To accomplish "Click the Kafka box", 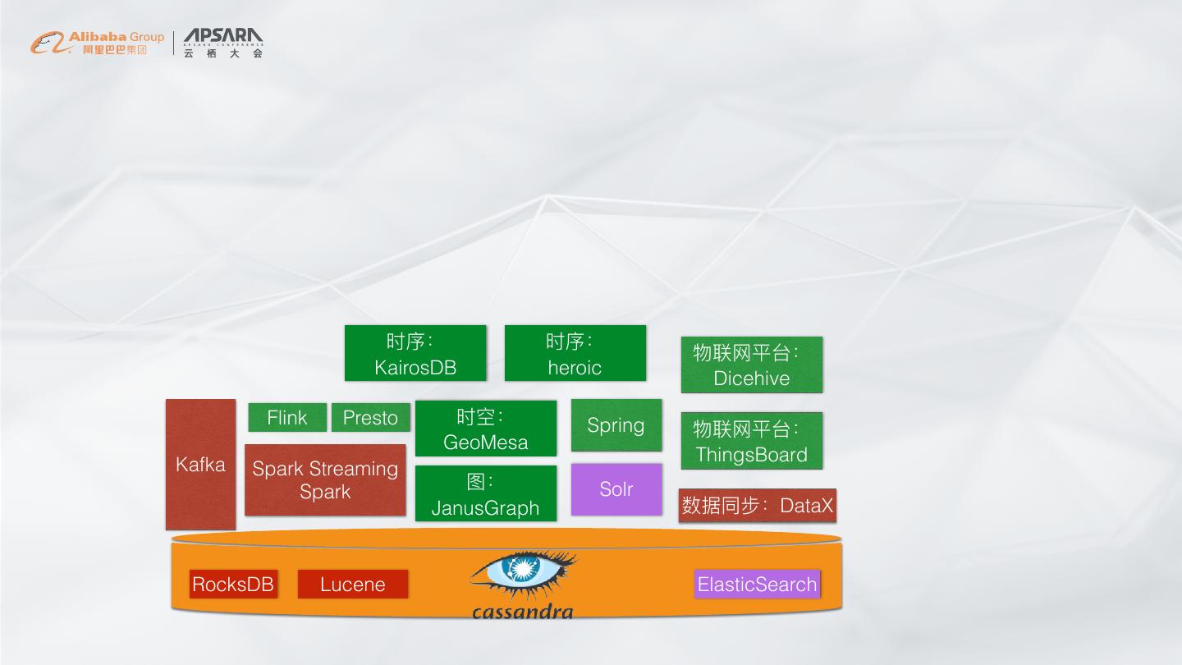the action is point(200,465).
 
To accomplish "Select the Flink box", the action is point(287,418).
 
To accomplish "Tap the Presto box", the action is point(370,418).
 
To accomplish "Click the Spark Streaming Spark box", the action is point(325,480).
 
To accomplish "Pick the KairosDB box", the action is point(415,354).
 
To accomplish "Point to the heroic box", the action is point(575,354).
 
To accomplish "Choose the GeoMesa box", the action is point(486,429).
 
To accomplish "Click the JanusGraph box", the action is point(486,493).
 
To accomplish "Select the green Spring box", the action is point(616,425).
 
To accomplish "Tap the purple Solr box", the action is point(616,489).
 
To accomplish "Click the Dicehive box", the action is point(751,365).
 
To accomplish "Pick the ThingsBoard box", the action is point(751,442).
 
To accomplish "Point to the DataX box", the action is point(757,506).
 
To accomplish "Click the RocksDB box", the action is point(233,585).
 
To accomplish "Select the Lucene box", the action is point(353,585).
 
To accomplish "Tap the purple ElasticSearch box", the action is point(757,585).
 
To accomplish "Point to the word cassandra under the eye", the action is point(522,612).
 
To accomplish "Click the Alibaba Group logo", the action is point(97,43).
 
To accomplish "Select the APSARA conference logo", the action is point(223,43).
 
